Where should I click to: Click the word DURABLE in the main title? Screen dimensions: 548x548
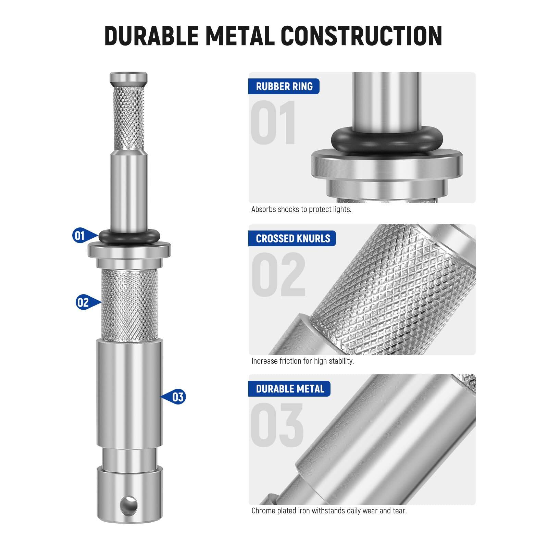click(x=151, y=36)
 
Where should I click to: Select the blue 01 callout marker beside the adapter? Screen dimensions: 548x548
click(x=80, y=236)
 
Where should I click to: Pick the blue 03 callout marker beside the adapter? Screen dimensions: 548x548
click(x=177, y=397)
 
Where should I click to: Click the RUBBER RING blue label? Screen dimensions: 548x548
click(x=284, y=86)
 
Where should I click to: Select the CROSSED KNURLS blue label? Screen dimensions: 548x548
click(x=292, y=238)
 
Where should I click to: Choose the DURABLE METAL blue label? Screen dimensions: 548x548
click(x=290, y=389)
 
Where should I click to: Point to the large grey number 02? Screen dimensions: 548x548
click(x=278, y=275)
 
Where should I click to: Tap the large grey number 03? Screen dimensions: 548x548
click(x=277, y=425)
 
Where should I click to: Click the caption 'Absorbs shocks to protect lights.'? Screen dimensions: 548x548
click(x=301, y=209)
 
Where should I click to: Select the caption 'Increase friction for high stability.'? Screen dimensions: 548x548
click(x=302, y=361)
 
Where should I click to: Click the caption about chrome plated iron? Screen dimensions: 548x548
click(x=329, y=511)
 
